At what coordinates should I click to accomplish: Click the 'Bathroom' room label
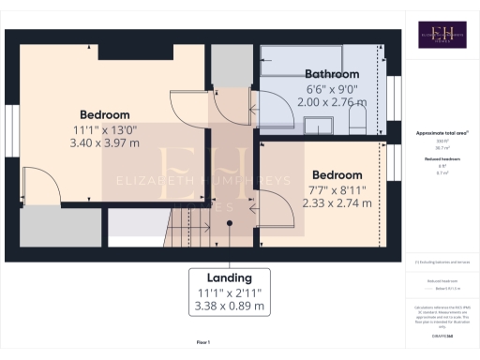tap(332, 74)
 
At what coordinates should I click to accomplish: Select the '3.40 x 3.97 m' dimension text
tap(104, 143)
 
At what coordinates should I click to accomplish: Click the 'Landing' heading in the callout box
tap(230, 278)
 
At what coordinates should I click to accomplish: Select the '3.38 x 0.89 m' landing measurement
tap(230, 306)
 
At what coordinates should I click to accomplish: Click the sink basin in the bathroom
tap(322, 125)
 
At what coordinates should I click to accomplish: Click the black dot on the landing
tap(231, 223)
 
